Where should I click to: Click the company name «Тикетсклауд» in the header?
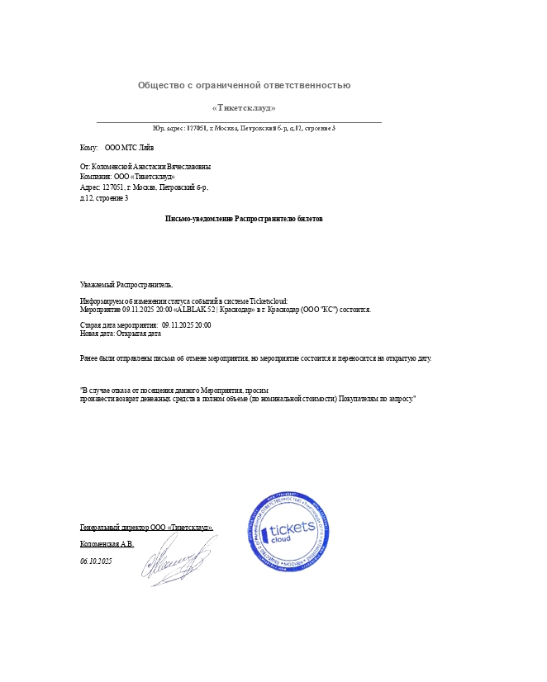[x=244, y=107]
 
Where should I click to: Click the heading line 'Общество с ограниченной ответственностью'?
[x=244, y=85]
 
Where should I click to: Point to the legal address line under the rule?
[x=244, y=128]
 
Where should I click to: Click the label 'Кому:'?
[x=88, y=148]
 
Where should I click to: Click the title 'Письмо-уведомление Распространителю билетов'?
[x=244, y=219]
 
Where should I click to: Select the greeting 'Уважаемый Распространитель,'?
[x=126, y=284]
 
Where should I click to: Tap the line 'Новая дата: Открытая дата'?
[x=120, y=334]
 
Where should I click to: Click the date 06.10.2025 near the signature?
[x=96, y=561]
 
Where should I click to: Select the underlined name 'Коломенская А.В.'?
[x=107, y=544]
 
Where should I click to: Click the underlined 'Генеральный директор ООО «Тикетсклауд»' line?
[x=146, y=527]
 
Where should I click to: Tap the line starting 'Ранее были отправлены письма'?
[x=255, y=358]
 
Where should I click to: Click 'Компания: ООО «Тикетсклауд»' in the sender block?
[x=127, y=177]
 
